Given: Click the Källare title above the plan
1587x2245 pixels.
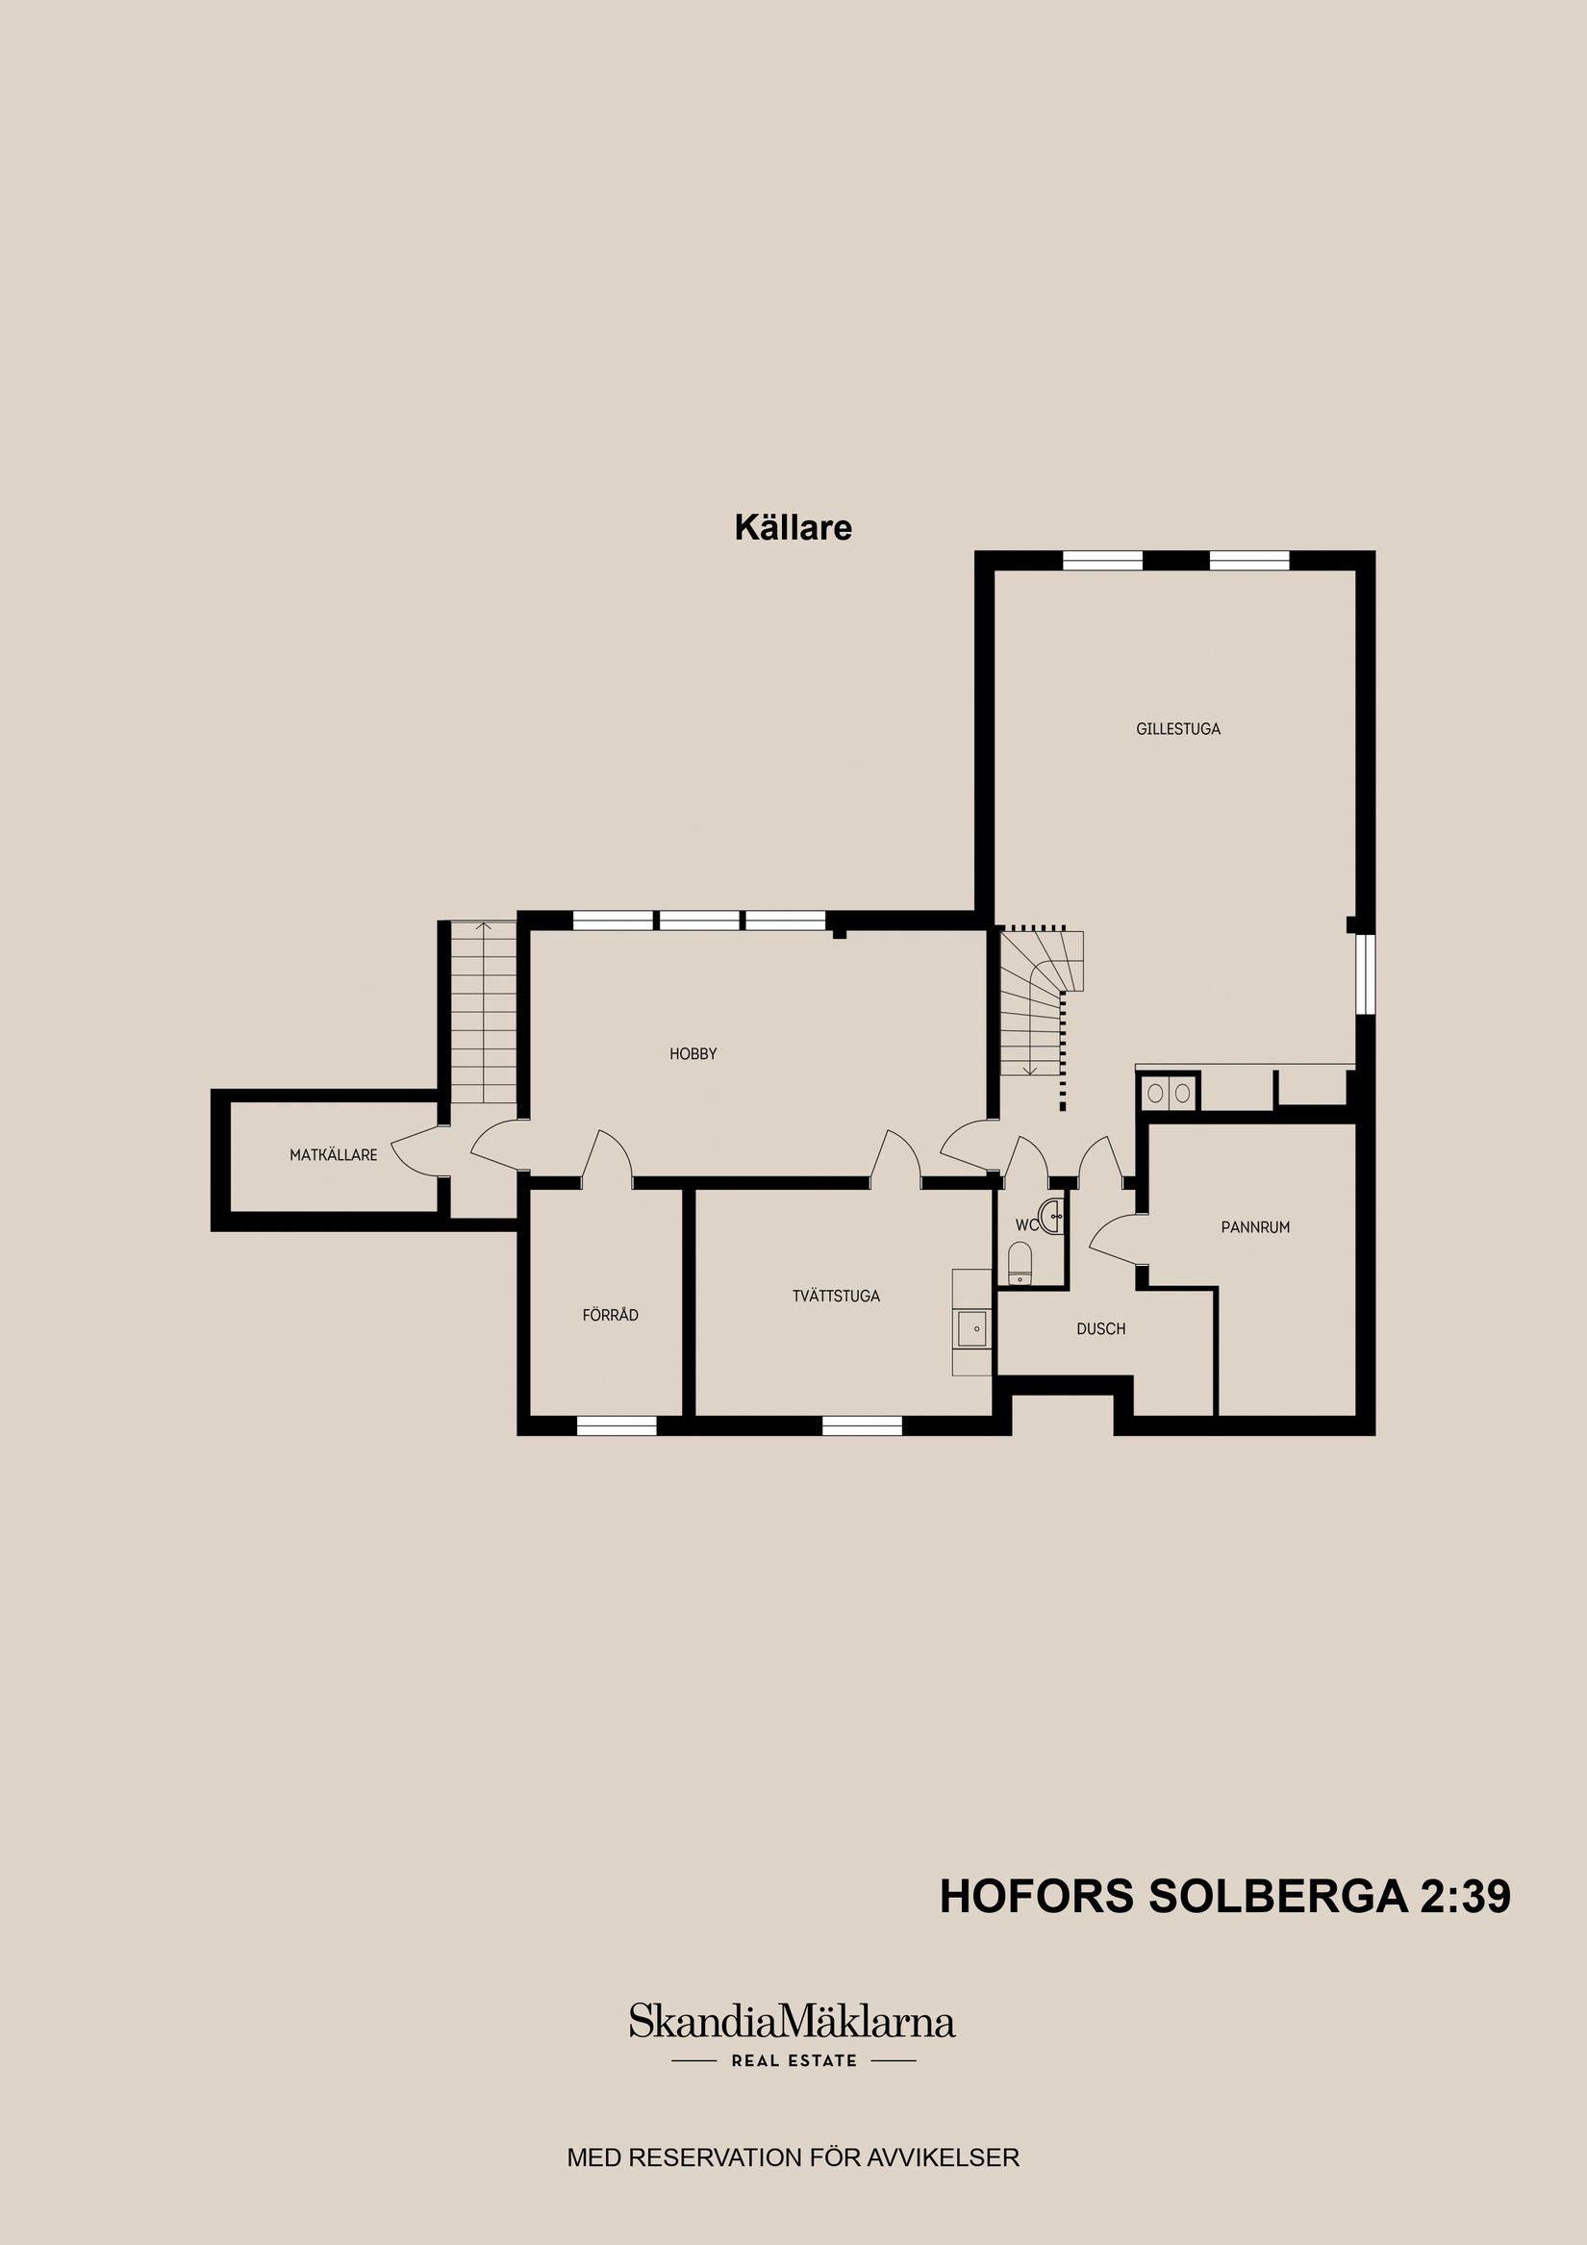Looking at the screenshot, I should pyautogui.click(x=793, y=528).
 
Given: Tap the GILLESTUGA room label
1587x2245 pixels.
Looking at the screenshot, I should pyautogui.click(x=1177, y=728).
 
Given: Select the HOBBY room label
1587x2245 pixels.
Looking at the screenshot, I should pyautogui.click(x=693, y=1054).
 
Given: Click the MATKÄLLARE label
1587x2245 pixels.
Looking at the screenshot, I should pyautogui.click(x=333, y=1155).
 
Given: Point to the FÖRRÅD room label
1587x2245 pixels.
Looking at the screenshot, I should pyautogui.click(x=610, y=1315).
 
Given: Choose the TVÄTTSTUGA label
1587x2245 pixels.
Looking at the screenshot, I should pyautogui.click(x=836, y=1296).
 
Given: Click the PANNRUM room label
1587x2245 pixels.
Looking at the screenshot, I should pyautogui.click(x=1254, y=1227).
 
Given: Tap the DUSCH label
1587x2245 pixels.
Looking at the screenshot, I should pyautogui.click(x=1101, y=1328).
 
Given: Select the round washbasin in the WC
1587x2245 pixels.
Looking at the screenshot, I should pyautogui.click(x=1053, y=1217).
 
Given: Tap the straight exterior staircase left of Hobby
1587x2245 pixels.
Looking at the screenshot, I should pyautogui.click(x=483, y=1012).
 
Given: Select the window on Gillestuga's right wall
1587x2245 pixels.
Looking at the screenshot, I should pyautogui.click(x=1365, y=973).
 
